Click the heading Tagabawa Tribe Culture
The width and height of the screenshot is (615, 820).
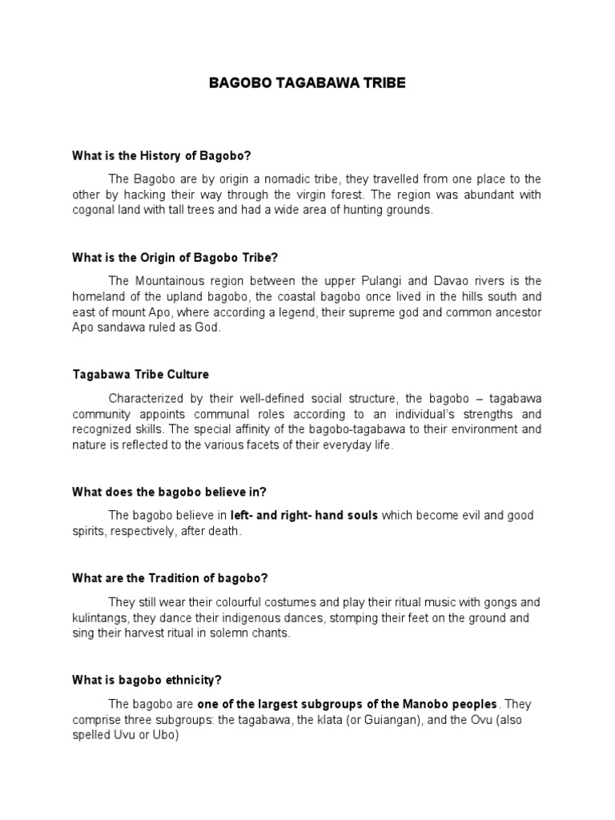click(140, 374)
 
